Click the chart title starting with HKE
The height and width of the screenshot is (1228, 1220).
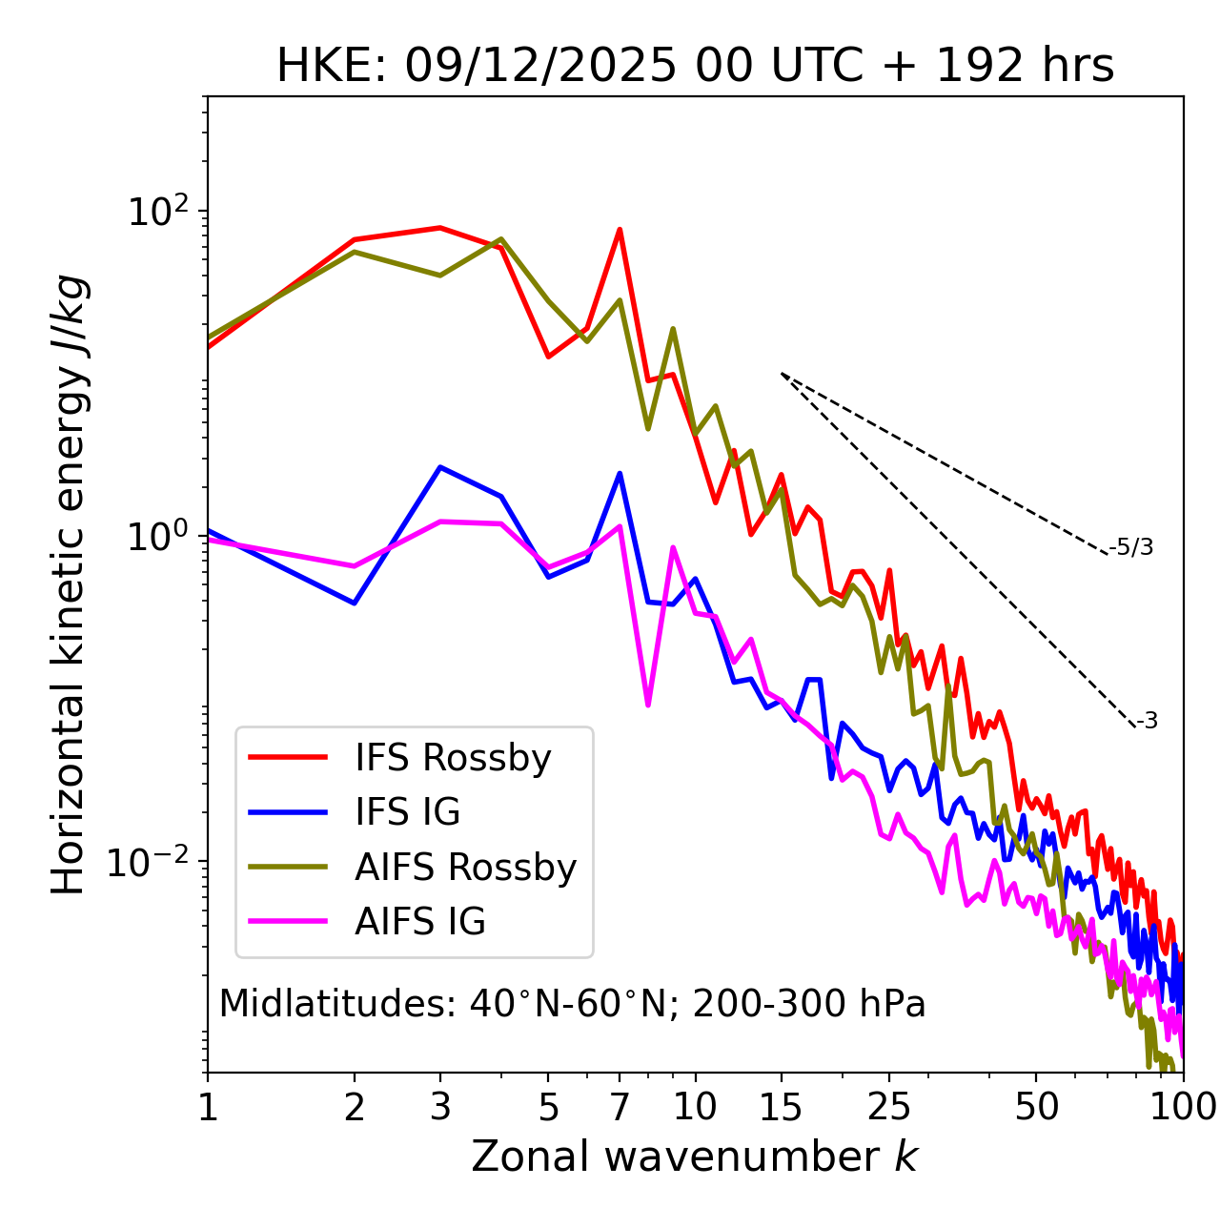(695, 67)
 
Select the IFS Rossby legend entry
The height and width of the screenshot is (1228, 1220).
(453, 758)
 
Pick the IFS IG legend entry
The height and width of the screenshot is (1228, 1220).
(407, 812)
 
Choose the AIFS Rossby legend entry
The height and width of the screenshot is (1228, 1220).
(465, 868)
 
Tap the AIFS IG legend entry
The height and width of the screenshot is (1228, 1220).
(420, 922)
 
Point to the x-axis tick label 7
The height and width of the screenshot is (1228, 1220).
(620, 1106)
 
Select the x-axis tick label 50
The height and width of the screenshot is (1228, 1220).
(1037, 1106)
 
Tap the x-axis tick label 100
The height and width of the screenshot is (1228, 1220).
(1183, 1106)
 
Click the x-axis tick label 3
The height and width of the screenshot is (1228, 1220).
(439, 1106)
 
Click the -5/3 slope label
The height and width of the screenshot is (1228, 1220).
(1131, 547)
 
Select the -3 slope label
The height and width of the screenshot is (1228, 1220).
(1147, 722)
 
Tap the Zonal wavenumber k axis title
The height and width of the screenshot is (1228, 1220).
(694, 1156)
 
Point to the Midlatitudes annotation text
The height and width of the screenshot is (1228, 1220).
(572, 1004)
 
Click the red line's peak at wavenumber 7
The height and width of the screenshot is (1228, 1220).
(620, 229)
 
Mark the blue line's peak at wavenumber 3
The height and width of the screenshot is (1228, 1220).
(439, 467)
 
